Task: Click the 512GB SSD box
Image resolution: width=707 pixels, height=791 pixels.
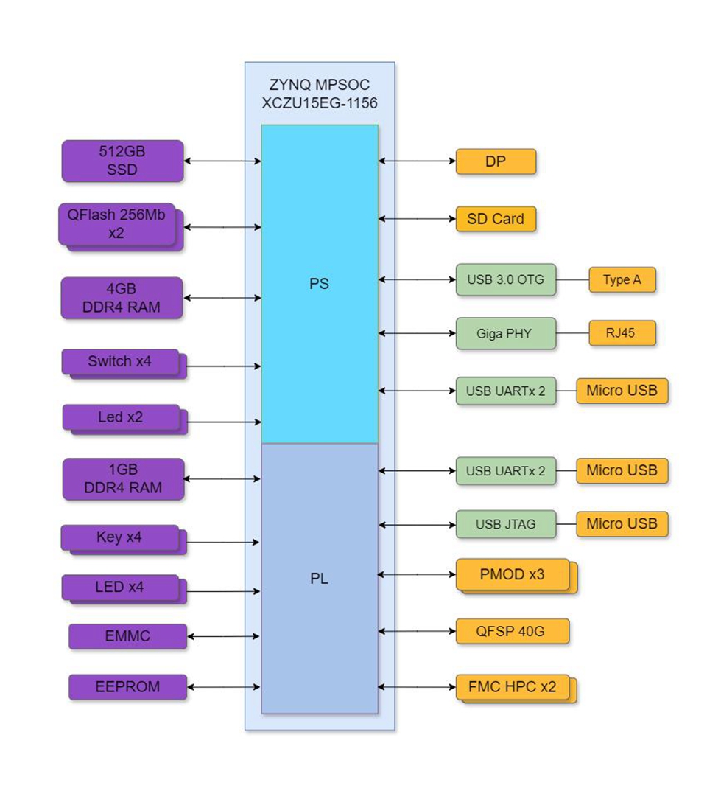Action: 122,161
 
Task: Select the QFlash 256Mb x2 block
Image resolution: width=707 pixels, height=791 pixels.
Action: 117,224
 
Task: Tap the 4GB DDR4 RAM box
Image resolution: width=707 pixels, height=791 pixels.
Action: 122,298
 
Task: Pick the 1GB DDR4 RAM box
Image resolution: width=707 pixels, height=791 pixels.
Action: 122,478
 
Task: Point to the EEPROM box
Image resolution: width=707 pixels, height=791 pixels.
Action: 127,687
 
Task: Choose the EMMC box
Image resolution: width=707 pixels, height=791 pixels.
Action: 127,636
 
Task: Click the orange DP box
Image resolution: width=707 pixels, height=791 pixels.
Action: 496,161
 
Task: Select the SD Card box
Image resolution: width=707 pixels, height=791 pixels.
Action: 496,219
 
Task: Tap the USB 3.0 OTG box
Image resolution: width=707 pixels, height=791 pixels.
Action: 505,280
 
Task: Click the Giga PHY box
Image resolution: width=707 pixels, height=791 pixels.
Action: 505,333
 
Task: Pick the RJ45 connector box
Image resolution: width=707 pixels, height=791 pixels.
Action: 622,333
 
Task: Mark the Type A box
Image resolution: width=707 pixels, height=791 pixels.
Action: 622,280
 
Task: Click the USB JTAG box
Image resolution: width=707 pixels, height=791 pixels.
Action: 505,524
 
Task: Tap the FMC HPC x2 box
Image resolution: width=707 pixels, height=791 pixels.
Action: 513,687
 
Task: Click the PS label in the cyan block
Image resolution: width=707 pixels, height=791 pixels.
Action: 319,284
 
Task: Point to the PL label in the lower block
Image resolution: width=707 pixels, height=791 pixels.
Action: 319,579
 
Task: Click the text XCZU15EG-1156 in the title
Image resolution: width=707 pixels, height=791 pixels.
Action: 320,103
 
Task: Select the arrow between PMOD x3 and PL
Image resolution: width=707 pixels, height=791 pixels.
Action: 417,574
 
